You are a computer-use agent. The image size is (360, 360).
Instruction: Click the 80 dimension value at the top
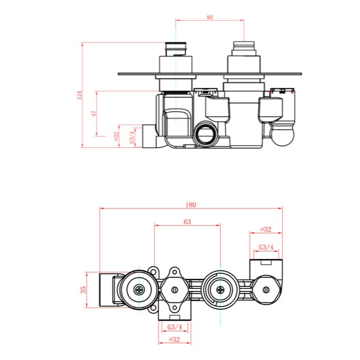[x=210, y=17]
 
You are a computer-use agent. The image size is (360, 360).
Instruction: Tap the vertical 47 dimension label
[x=94, y=114]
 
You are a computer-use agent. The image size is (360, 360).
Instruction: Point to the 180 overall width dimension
[x=190, y=204]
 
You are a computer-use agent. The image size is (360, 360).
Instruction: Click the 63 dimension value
[x=187, y=222]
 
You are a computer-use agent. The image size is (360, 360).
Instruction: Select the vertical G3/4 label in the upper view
[x=132, y=136]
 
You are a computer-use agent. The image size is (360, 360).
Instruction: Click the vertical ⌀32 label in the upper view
[x=117, y=136]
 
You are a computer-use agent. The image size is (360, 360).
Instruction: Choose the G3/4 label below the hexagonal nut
[x=175, y=327]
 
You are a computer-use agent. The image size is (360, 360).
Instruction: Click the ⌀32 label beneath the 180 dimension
[x=266, y=229]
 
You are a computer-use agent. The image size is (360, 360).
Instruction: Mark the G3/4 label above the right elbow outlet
[x=266, y=247]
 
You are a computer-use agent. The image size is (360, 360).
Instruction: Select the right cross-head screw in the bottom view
[x=220, y=290]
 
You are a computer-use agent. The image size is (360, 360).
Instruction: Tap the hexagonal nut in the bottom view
[x=175, y=290]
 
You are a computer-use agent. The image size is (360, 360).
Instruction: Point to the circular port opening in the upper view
[x=207, y=135]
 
